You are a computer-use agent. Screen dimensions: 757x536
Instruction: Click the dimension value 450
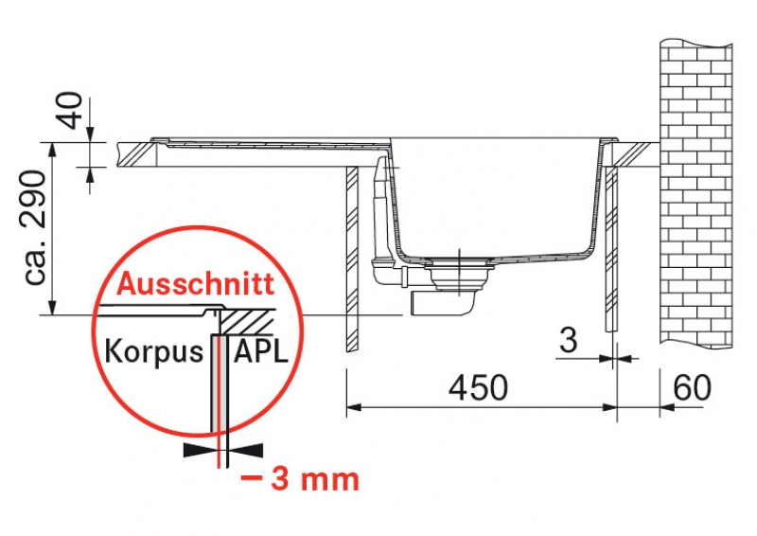(x=478, y=387)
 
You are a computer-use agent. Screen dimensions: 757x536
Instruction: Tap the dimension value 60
(x=693, y=386)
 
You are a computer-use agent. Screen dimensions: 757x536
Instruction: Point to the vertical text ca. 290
(x=35, y=227)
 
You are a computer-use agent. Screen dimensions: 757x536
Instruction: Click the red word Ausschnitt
(x=196, y=284)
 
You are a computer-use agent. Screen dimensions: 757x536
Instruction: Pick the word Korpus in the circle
(x=154, y=351)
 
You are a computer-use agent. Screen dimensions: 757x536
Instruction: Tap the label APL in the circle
(x=261, y=351)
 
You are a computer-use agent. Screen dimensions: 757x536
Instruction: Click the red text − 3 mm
(x=300, y=480)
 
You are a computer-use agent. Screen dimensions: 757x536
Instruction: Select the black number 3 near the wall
(x=568, y=340)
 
